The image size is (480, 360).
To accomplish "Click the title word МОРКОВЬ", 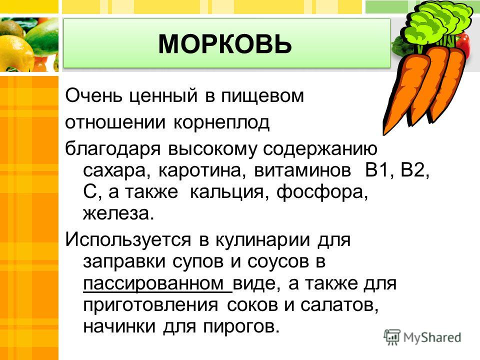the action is [x=225, y=44].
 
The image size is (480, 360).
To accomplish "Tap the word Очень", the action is [x=94, y=95].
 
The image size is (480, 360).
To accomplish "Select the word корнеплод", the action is [x=221, y=123].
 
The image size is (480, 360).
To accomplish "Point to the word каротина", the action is [x=202, y=170].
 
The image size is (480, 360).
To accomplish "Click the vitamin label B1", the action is [x=377, y=170].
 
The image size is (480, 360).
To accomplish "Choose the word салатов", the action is [x=339, y=305].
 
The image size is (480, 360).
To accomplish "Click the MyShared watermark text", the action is [x=432, y=338].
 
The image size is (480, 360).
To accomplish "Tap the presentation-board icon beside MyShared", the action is [x=392, y=337].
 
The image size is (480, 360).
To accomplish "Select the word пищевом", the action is [x=262, y=96].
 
